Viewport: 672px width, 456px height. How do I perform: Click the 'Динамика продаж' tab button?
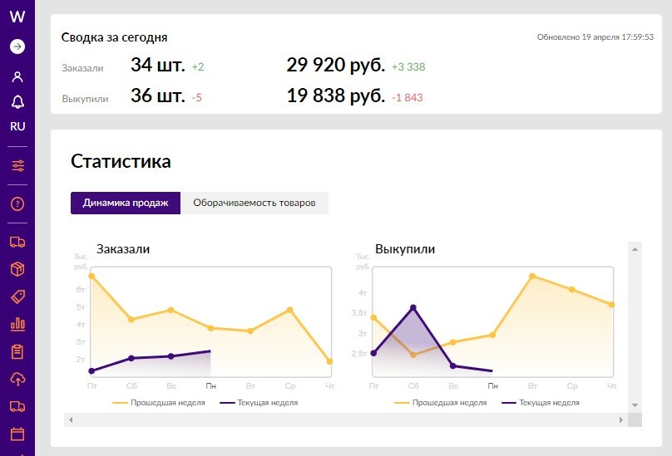click(x=126, y=203)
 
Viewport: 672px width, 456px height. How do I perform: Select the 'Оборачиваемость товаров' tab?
click(x=254, y=203)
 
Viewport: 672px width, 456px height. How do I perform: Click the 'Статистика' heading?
click(x=121, y=161)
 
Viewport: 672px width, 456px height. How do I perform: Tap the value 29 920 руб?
click(x=335, y=66)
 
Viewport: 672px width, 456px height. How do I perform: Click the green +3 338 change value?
click(x=408, y=67)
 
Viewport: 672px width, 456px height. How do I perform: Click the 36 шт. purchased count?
click(x=157, y=96)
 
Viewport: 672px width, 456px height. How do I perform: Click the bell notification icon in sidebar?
click(x=17, y=101)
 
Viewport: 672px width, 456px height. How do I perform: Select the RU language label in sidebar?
click(x=17, y=127)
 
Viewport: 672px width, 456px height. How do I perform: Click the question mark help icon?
click(x=17, y=204)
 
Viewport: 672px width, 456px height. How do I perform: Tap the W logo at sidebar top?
click(x=17, y=17)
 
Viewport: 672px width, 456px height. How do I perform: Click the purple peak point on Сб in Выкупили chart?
click(x=413, y=308)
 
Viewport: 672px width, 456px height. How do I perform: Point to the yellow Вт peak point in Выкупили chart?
click(x=532, y=276)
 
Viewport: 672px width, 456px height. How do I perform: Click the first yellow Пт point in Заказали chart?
click(x=91, y=276)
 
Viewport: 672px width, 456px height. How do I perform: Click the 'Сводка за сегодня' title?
click(x=114, y=37)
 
